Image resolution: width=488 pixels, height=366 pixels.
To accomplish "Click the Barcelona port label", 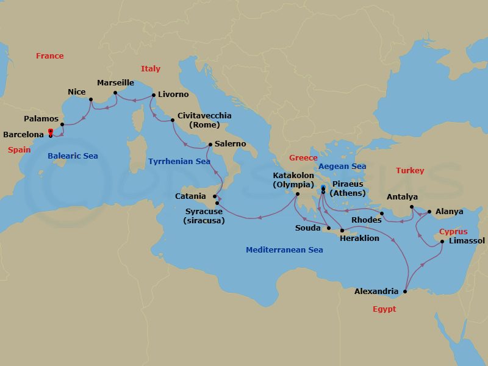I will coord(24,135).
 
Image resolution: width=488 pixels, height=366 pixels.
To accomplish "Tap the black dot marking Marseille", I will coord(115,93).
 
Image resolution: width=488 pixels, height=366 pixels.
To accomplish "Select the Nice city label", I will coord(77,92).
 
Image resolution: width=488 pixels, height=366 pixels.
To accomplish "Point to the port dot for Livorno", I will coord(153,95).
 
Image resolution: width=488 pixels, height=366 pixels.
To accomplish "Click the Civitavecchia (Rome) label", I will coord(204,120).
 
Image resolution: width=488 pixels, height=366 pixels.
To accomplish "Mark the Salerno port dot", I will coord(210,145).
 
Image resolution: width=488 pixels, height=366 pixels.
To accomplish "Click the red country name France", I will coord(49,56).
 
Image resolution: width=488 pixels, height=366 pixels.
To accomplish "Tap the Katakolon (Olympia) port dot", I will coord(297,195).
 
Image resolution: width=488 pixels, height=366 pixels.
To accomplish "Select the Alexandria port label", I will coord(376,292).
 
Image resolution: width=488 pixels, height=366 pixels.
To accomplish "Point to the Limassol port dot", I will coord(442,242).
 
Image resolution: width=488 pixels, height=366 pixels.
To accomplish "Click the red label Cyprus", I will coord(453,232).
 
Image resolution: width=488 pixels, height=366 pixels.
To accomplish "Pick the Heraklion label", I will coord(360,239).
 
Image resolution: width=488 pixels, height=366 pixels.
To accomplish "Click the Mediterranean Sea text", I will coord(284,250).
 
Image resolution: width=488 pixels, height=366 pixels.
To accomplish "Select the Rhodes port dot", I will coord(381,213).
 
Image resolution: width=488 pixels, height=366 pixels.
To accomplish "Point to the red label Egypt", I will coord(384,309).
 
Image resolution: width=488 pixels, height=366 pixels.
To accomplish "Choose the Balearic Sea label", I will coord(73,156).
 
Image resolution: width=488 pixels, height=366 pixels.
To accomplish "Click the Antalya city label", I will coord(403,197).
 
